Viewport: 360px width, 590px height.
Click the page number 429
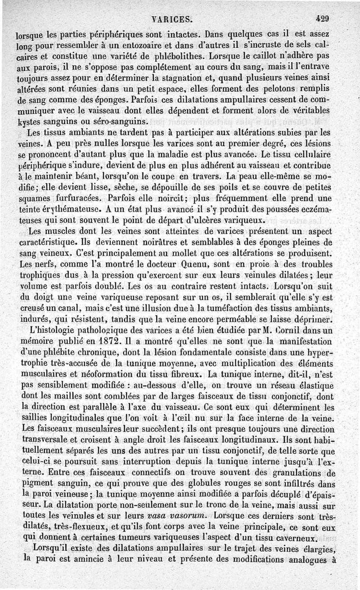click(323, 19)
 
